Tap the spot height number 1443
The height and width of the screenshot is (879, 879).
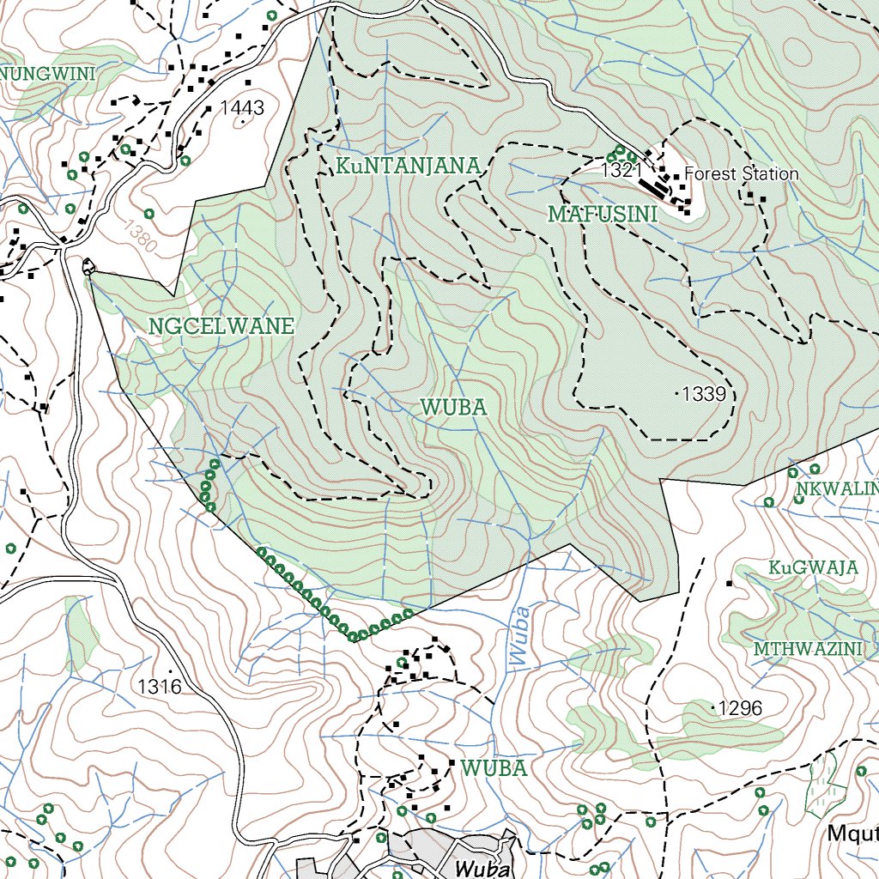coord(242,108)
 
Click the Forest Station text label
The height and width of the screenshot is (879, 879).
coord(741,174)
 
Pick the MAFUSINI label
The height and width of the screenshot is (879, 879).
coord(603,214)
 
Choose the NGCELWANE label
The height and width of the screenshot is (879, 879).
coord(221,326)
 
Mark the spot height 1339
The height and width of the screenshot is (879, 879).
coord(706,395)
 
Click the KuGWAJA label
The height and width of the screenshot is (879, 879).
coord(813,567)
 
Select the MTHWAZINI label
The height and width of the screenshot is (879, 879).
coord(808,649)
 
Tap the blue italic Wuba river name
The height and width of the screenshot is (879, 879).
coord(519,635)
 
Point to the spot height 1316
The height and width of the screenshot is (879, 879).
coord(161,686)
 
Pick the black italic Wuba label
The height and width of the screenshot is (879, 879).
coord(482,867)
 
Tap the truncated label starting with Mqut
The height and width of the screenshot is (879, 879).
coord(853,833)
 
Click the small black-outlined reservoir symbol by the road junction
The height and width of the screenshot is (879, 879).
coord(88,267)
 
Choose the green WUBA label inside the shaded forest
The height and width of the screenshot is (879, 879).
coord(454,407)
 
